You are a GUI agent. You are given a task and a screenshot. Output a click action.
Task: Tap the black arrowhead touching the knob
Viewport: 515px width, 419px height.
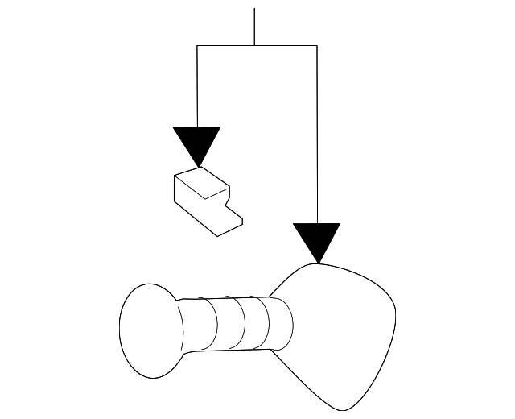(x=317, y=240)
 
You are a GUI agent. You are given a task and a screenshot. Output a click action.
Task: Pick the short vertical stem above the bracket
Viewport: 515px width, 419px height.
(x=254, y=27)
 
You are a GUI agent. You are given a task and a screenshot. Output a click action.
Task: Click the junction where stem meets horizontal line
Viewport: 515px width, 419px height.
(x=254, y=46)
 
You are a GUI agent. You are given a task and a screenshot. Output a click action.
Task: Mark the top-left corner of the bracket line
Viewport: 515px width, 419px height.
(x=197, y=46)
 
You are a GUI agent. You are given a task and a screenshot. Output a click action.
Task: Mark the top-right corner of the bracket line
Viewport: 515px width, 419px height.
(x=317, y=46)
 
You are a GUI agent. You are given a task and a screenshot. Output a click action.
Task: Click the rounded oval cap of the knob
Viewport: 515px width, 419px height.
(x=147, y=330)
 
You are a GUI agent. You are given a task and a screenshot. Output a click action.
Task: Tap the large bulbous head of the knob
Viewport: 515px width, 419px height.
(x=342, y=330)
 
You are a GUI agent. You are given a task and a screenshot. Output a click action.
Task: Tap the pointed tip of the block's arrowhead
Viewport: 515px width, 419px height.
(x=197, y=166)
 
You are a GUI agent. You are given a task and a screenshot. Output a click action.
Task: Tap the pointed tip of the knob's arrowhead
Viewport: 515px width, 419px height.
(x=318, y=263)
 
